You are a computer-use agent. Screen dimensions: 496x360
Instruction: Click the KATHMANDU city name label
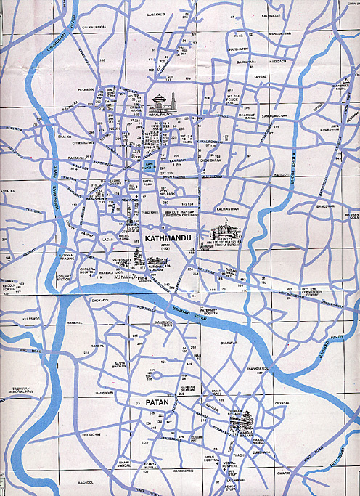(168, 237)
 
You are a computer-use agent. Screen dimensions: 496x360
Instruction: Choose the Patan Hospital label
(212, 458)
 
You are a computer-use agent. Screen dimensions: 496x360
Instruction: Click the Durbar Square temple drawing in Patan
(244, 419)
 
